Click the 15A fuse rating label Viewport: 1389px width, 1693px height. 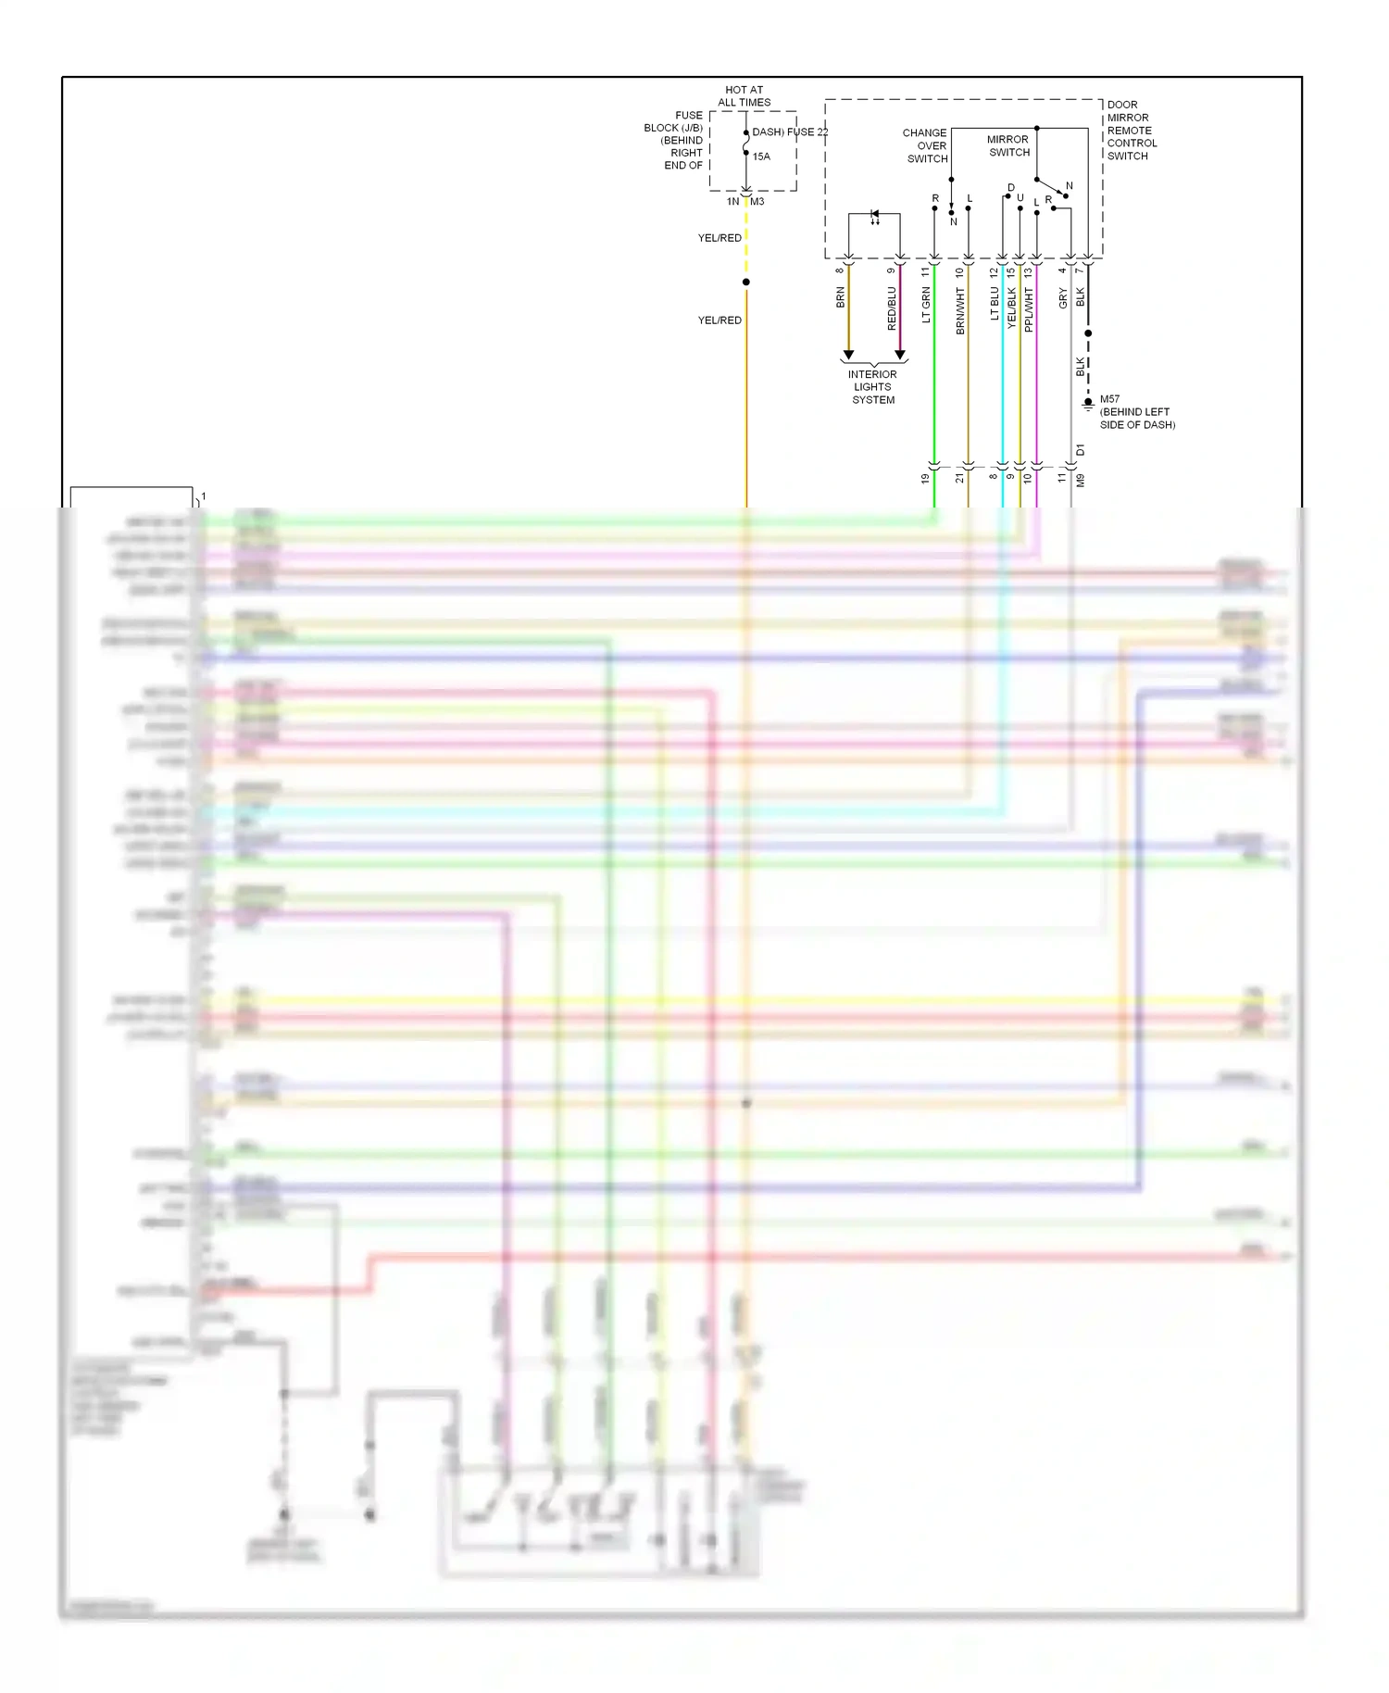[x=761, y=157]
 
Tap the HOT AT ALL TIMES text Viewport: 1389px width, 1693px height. [x=745, y=96]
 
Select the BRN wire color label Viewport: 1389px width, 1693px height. [x=840, y=297]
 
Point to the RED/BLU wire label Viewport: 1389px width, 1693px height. [x=892, y=308]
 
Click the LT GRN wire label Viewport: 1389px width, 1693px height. [x=926, y=305]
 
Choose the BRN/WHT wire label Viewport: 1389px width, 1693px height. [x=960, y=310]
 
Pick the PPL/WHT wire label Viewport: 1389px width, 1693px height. [x=1029, y=309]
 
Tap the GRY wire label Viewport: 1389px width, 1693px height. [x=1063, y=298]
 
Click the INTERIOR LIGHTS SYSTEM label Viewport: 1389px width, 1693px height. [x=873, y=387]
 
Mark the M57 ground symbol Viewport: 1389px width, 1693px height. [x=1088, y=404]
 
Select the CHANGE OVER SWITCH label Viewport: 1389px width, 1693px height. [x=925, y=145]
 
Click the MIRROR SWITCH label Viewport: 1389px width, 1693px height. [x=1008, y=146]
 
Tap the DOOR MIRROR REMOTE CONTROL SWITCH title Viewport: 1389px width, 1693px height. [x=1132, y=131]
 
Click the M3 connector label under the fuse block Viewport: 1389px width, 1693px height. [x=757, y=202]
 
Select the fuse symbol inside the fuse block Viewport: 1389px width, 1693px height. [x=746, y=143]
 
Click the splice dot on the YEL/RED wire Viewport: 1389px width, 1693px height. [x=746, y=282]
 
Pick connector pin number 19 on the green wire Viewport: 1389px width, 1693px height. [x=925, y=479]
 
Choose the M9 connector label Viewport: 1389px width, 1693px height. [x=1081, y=481]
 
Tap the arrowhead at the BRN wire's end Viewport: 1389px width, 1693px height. [x=848, y=355]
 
